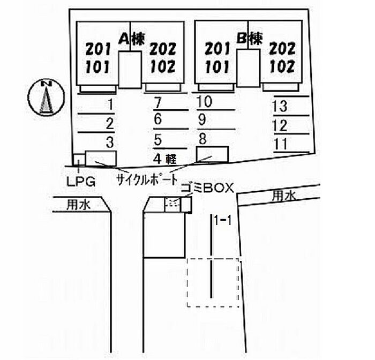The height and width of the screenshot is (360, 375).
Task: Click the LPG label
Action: (x=81, y=181)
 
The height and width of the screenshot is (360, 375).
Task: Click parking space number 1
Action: (x=110, y=104)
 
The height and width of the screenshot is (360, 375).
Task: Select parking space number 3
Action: (x=110, y=142)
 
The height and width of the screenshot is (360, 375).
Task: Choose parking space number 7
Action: (x=157, y=102)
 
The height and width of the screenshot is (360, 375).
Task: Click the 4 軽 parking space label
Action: (x=164, y=158)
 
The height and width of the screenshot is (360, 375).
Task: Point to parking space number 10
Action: (x=204, y=101)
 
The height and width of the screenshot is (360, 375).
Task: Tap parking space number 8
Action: (x=202, y=138)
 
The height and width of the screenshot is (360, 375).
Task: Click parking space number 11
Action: (x=280, y=144)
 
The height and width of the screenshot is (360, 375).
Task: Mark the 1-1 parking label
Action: (x=222, y=220)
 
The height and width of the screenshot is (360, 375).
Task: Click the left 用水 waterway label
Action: (x=78, y=204)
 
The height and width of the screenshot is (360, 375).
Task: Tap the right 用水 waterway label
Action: (x=282, y=196)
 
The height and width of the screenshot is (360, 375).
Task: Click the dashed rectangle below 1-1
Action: (x=213, y=283)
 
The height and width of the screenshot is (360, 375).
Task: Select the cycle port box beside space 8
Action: (x=213, y=154)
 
